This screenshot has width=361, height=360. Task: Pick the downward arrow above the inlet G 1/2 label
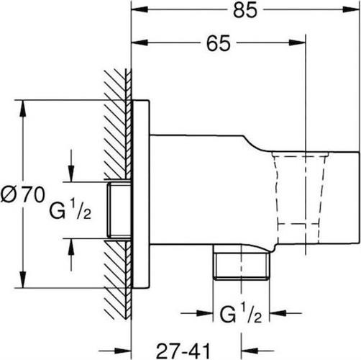point(70,174)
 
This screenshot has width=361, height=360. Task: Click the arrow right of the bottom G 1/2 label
point(277,313)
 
